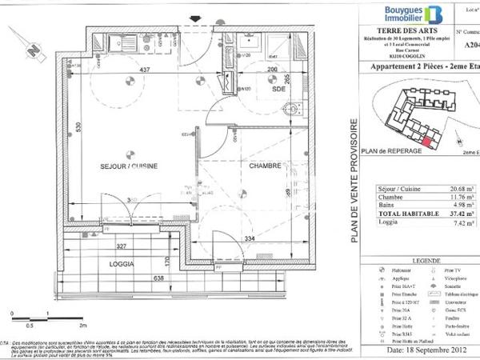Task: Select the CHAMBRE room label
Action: (262, 166)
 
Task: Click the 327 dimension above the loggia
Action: (122, 247)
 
